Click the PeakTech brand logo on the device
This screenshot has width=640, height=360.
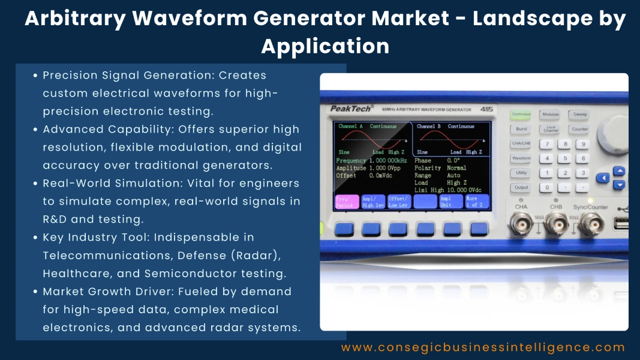(351, 109)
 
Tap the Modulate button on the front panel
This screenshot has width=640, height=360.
(549, 114)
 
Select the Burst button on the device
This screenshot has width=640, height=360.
(521, 129)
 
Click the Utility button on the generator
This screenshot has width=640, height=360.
(521, 173)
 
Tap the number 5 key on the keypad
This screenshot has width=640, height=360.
(564, 158)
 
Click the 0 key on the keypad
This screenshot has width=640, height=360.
(546, 187)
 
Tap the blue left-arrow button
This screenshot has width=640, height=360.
(603, 178)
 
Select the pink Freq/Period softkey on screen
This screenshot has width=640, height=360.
(347, 202)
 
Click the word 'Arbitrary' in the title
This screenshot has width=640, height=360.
(74, 19)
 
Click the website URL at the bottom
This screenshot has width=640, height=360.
(483, 347)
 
